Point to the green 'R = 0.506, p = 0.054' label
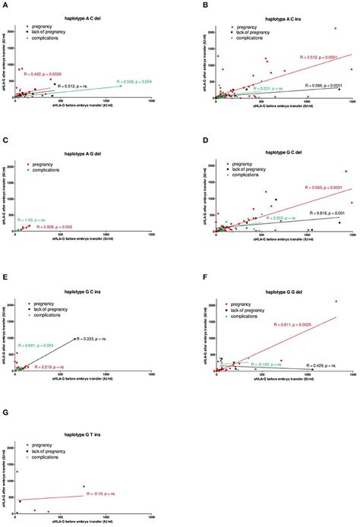coord(136,80)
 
